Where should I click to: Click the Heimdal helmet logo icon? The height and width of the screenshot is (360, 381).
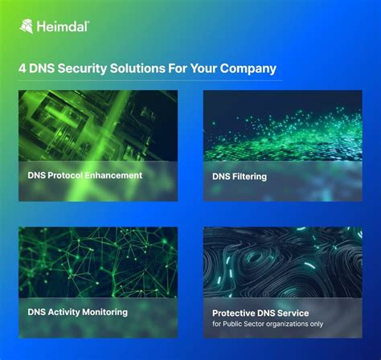(x=27, y=27)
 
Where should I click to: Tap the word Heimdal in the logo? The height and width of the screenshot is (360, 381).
(x=62, y=27)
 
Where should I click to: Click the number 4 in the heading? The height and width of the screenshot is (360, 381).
(x=23, y=68)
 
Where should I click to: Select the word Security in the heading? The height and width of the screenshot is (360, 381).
(x=82, y=69)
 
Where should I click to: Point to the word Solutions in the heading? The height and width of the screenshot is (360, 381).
(x=137, y=68)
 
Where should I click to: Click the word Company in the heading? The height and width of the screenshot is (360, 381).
(x=248, y=69)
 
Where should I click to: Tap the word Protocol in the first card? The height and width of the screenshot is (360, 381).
(x=65, y=175)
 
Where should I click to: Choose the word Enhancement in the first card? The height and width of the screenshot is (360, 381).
(x=113, y=175)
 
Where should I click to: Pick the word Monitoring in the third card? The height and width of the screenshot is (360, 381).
(x=104, y=313)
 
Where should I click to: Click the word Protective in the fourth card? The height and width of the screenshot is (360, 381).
(x=233, y=313)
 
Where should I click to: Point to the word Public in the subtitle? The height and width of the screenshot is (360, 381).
(x=230, y=324)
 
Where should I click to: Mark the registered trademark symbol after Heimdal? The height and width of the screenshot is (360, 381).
(x=88, y=22)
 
